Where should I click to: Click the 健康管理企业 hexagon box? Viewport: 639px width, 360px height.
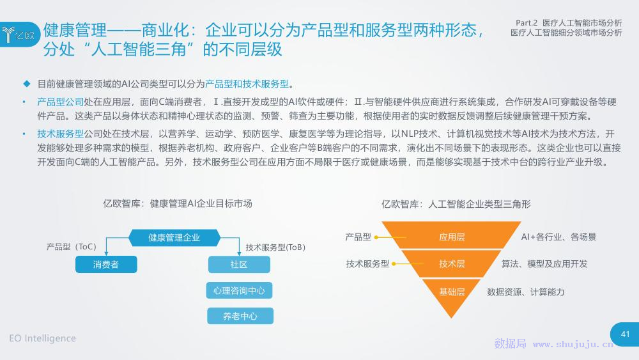(174, 238)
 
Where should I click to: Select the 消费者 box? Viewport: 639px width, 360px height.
(106, 264)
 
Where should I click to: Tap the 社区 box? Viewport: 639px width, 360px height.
(239, 264)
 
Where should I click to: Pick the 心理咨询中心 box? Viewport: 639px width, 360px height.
(239, 290)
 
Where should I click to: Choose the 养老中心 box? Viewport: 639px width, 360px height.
(240, 316)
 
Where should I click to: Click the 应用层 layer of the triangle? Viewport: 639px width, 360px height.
(452, 237)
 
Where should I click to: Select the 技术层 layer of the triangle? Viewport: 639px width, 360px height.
(452, 264)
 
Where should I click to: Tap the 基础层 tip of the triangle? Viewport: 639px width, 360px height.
(451, 295)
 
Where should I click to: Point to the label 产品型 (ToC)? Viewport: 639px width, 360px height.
(72, 247)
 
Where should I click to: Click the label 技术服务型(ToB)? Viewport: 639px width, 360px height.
(275, 247)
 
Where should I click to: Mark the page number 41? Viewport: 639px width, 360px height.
(625, 334)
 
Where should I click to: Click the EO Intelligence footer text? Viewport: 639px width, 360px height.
(42, 338)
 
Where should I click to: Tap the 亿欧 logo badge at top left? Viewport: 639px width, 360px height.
(20, 35)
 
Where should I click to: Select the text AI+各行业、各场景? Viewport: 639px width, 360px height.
(558, 237)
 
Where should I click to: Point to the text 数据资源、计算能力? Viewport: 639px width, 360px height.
(526, 292)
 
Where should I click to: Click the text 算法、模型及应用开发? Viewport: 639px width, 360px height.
(544, 264)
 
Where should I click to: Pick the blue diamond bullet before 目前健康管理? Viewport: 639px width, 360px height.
(27, 84)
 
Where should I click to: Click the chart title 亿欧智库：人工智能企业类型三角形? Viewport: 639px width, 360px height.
(456, 204)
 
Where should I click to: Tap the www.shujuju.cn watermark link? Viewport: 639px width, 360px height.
(573, 344)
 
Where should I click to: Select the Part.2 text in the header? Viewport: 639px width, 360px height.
(527, 23)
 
